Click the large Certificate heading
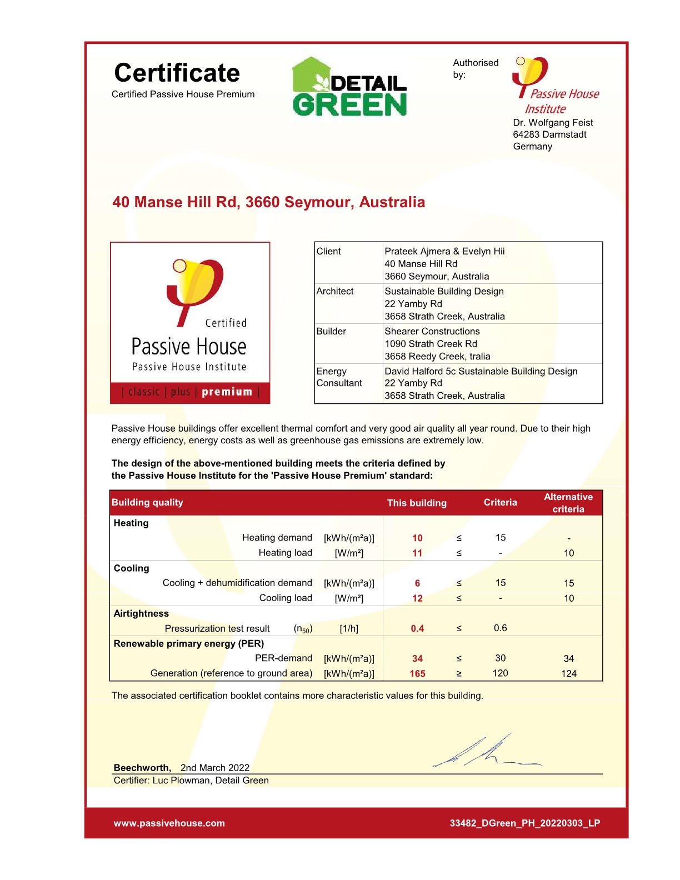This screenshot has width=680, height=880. pos(177,73)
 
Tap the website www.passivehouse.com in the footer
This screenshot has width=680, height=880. pos(169,823)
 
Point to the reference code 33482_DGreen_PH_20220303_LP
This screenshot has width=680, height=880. pos(524,823)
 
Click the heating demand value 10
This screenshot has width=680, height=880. pos(417,538)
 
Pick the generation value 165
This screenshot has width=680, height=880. pos(417,673)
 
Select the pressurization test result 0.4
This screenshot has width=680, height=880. pos(417,628)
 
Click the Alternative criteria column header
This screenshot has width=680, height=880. pos(568,503)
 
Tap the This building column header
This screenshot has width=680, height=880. pos(417,503)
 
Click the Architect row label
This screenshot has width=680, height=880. pos(335,291)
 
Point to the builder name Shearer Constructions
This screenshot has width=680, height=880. pos(432,331)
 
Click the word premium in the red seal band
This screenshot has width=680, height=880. pos(227,392)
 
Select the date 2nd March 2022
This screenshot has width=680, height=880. pos(215,768)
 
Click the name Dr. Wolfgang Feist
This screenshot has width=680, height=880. pos(553,123)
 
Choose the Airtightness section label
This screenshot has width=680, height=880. pos(141,613)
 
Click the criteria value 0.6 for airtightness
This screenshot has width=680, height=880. pos(500,628)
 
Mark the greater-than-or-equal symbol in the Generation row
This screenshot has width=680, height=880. pos(459,673)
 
